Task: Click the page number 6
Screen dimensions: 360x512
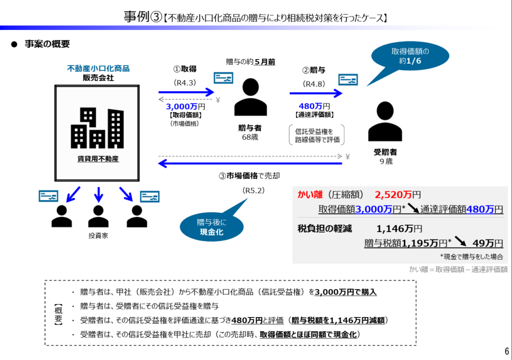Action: coord(506,350)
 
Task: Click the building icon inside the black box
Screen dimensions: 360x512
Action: coord(97,128)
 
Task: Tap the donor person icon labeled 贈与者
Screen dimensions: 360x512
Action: coord(250,97)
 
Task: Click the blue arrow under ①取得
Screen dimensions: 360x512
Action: coord(186,92)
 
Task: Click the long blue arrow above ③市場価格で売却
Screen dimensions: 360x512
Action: coord(250,163)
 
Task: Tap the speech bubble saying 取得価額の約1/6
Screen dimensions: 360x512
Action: coord(409,55)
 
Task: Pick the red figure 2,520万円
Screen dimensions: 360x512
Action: coord(397,194)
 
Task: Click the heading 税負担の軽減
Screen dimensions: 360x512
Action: coord(324,229)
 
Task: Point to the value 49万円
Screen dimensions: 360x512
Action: coord(487,243)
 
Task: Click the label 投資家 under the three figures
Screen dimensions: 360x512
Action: coord(98,235)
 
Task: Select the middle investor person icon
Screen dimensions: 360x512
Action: coord(98,216)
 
